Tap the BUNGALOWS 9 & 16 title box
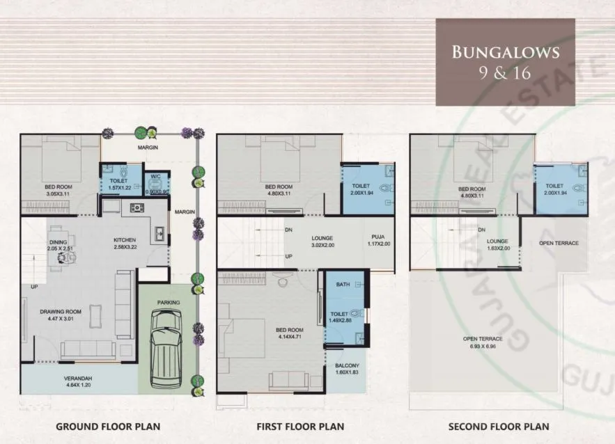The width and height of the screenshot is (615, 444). coord(505,61)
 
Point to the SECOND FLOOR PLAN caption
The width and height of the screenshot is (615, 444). coord(499,427)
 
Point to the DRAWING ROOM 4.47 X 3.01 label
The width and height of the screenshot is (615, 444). coord(61,315)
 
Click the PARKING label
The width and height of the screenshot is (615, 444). coord(169,303)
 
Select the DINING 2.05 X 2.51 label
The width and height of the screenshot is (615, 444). coord(60,244)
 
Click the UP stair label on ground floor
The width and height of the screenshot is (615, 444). coord(33,287)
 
